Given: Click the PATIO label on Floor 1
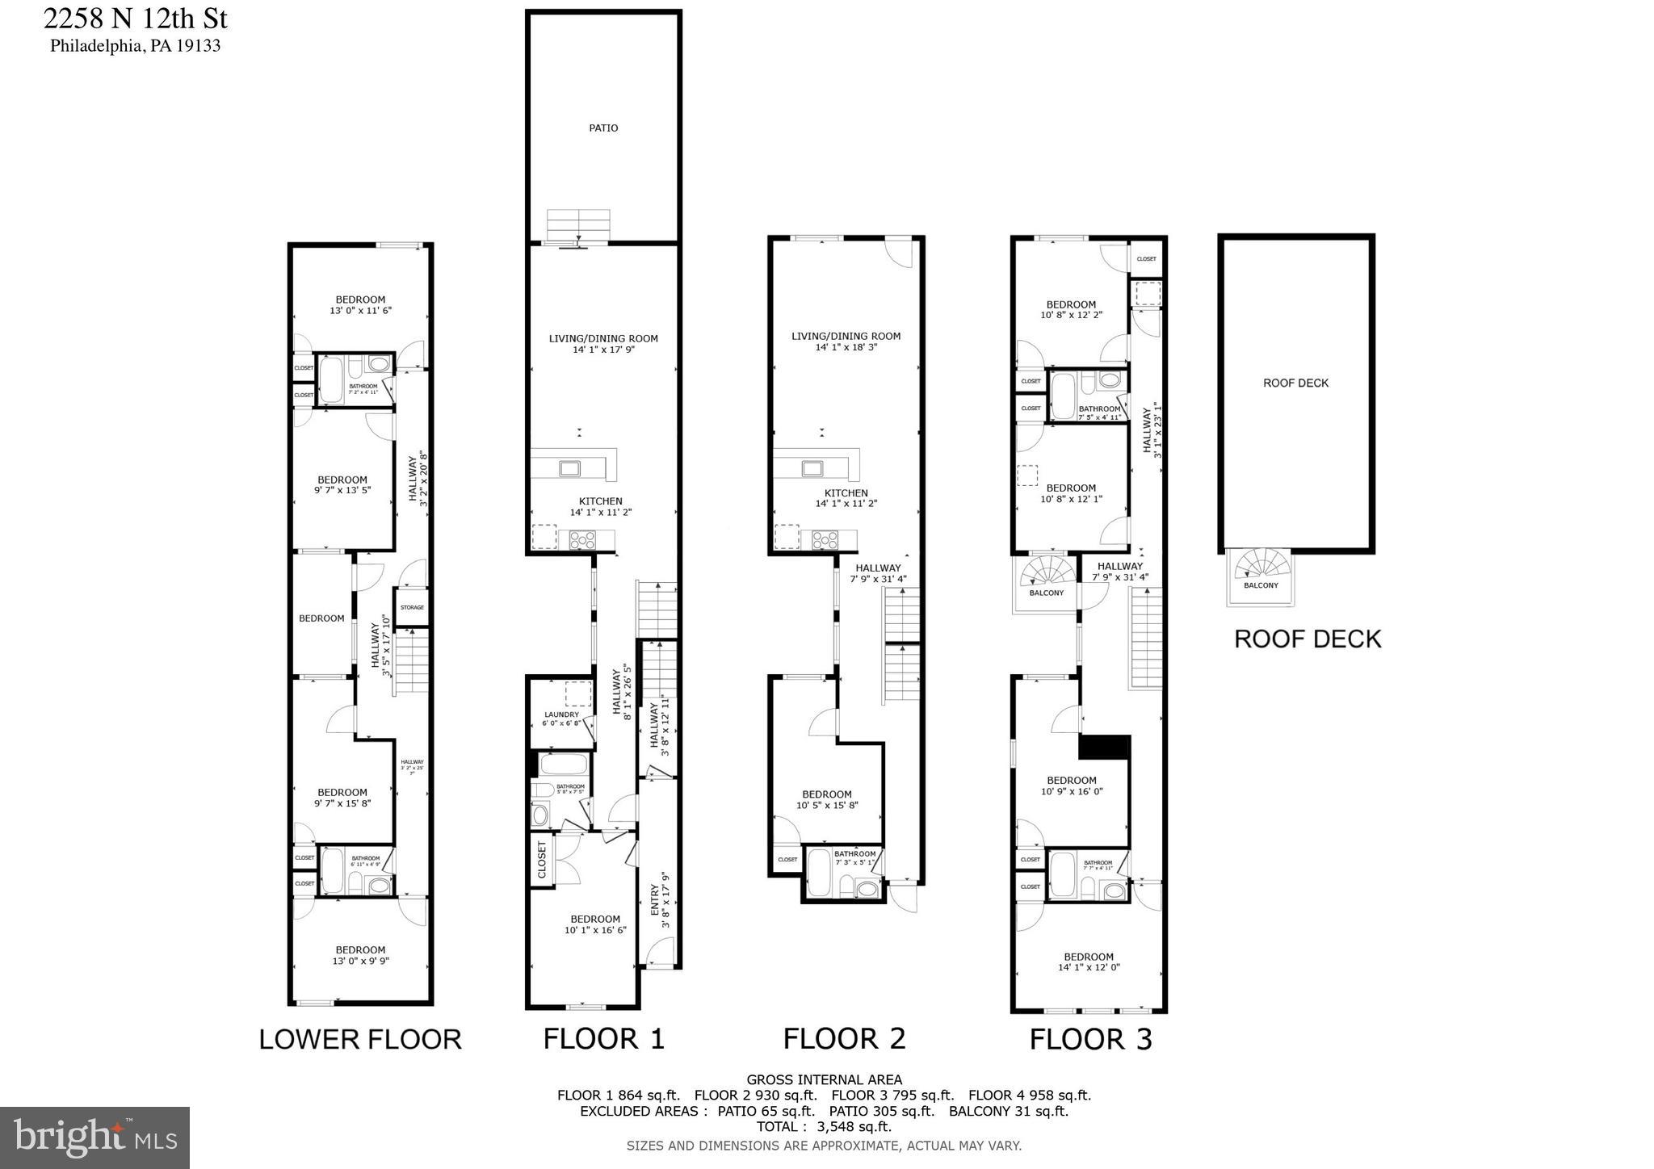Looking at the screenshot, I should pos(603,128).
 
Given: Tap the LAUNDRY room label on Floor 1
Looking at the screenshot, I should pos(561,714).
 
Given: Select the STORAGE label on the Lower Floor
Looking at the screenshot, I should pos(412,607).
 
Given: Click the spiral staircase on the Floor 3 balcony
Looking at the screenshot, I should pos(1048,571).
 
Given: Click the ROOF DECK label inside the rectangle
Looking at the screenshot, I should pos(1295,383).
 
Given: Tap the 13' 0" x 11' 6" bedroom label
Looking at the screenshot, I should pos(360,305).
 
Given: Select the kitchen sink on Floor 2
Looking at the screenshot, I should pos(812,467).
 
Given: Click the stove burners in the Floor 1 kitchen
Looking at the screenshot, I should pos(582,539).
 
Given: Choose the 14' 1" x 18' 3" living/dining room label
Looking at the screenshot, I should pos(846,341).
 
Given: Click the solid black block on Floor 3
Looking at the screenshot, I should pos(1104,747).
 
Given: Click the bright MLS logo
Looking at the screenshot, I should pos(94,1138).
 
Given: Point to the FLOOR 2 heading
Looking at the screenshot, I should pos(844,1038).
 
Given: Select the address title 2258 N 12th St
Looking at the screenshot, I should pos(135,17).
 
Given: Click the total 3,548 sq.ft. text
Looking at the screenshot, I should pos(824,1126).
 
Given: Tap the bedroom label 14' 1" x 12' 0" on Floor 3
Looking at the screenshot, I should pos(1089,962).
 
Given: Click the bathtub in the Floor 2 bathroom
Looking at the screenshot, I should pos(819,874).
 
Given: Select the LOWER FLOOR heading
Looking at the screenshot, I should pos(360,1039).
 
